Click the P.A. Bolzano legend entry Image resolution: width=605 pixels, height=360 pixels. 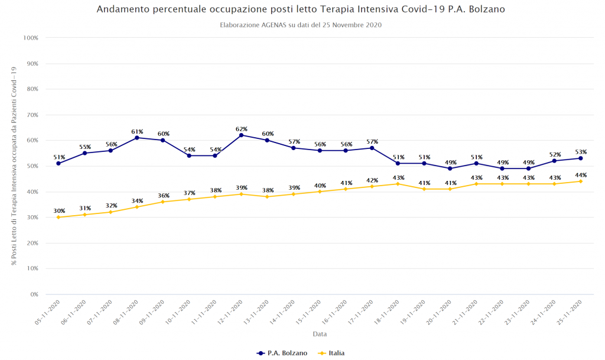282,353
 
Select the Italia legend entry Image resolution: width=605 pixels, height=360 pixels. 331,353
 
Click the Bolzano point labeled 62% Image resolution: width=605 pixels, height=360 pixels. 241,135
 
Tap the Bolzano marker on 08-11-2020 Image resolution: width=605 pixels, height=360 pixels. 137,138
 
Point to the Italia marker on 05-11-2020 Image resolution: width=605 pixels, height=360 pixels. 58,217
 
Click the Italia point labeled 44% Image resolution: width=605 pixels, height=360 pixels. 580,181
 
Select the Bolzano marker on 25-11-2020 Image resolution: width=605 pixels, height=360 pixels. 580,158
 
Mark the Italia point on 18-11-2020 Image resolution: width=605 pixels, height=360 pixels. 398,184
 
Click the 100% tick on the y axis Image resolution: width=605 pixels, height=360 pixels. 30,38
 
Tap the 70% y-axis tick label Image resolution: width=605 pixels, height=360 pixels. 31,115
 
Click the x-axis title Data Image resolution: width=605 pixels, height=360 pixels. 320,334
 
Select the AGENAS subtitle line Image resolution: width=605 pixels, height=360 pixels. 301,25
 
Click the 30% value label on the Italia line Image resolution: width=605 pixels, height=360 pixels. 58,211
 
